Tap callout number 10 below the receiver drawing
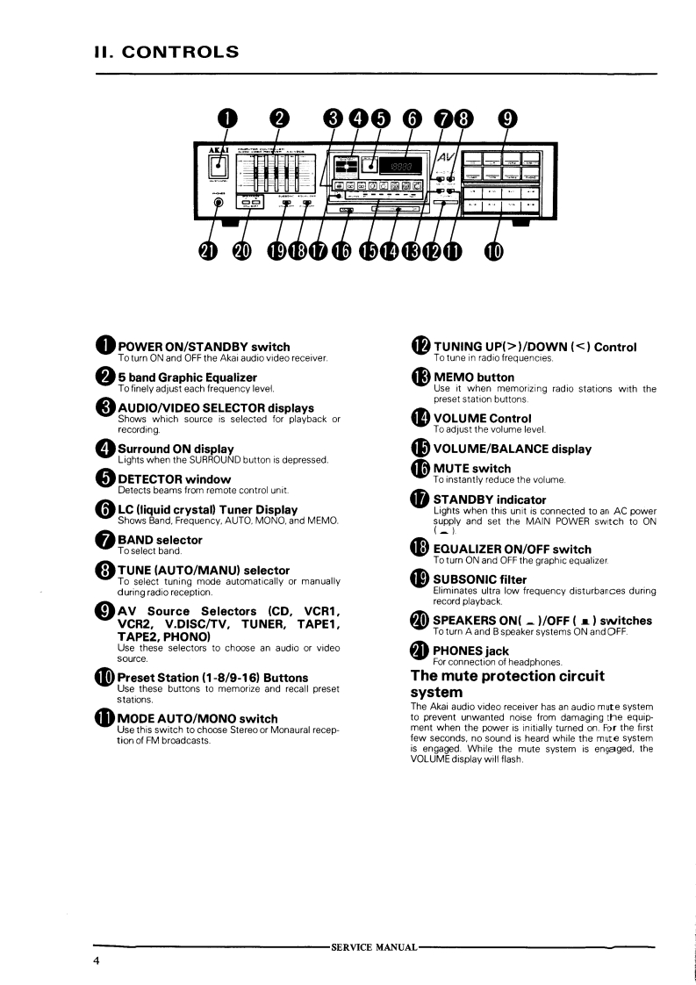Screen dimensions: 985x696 (x=493, y=252)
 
